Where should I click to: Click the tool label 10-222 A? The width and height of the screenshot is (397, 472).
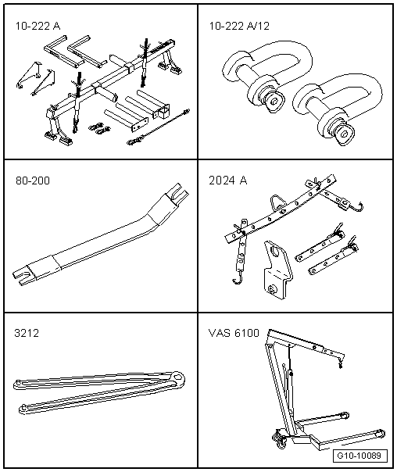point(38,26)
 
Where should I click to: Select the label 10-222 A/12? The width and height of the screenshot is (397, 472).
point(239,26)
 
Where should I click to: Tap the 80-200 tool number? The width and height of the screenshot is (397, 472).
point(33,181)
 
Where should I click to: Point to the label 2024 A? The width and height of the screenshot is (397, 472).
point(228,181)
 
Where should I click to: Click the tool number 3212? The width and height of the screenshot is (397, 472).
point(27,333)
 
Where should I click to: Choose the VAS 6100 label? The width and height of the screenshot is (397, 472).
point(234,333)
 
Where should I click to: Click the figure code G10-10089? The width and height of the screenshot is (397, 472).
point(360,456)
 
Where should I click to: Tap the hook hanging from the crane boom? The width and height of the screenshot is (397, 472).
point(341,364)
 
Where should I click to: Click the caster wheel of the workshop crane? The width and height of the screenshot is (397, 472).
point(278,438)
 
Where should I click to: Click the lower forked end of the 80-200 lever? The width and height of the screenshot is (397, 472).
point(23,275)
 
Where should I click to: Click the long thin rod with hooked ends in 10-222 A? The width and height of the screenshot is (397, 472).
point(159,127)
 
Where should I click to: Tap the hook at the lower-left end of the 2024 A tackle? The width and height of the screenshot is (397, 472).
point(237,281)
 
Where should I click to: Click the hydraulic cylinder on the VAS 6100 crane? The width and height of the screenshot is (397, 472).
point(290,388)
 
